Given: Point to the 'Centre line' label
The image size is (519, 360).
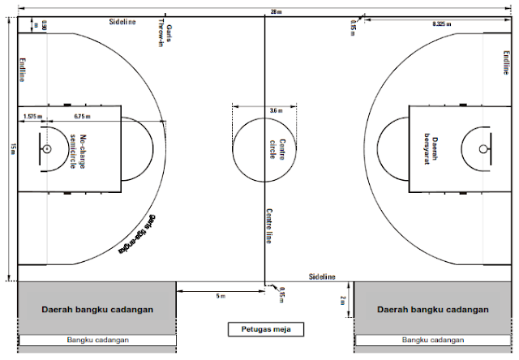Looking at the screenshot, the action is pos(268,226).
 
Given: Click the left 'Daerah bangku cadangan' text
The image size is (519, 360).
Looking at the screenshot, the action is pos(97,309).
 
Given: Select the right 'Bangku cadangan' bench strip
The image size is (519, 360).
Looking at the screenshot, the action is pos(433,341).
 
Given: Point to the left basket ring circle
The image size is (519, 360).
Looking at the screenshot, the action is pos(47,149).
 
